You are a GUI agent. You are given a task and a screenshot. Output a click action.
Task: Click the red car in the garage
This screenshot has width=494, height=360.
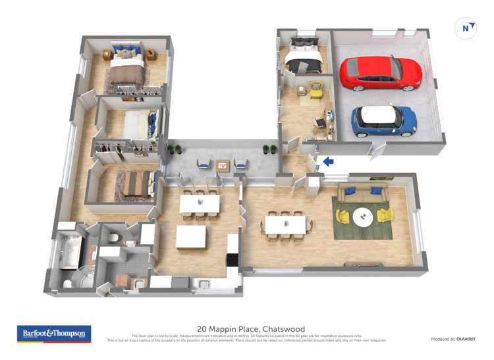point(380,72)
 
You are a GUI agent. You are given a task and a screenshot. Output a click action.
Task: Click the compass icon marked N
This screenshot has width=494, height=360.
point(466,28)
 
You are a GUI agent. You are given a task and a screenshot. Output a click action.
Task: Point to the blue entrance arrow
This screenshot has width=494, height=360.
point(327,162)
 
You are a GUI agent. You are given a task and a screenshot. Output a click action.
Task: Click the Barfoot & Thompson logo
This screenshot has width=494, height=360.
point(54,334)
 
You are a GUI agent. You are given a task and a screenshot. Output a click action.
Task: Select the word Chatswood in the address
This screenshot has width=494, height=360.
point(283,329)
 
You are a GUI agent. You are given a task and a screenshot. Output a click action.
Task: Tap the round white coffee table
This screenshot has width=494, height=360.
point(363,215)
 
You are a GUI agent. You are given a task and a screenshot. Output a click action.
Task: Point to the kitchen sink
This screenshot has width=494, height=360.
point(205,284)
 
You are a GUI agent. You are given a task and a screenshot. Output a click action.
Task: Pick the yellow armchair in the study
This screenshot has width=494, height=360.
point(316,89)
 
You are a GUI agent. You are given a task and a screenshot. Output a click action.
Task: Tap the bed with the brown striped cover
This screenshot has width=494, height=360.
point(136,184)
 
